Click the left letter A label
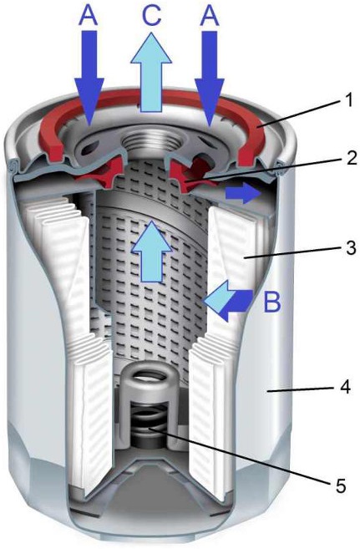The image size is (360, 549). [x=88, y=16]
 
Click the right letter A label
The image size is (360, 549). [x=210, y=16]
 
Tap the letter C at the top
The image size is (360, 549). [x=151, y=16]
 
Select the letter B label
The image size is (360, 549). [x=271, y=302]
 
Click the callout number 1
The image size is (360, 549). [x=347, y=101]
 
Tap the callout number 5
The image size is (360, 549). [x=341, y=485]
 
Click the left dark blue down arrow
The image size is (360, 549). [x=89, y=78]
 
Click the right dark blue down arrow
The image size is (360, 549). [x=209, y=78]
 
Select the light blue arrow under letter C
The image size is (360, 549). [x=151, y=73]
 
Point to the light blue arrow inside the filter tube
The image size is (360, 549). [x=151, y=251]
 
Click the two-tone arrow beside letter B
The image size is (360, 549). [x=229, y=301]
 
